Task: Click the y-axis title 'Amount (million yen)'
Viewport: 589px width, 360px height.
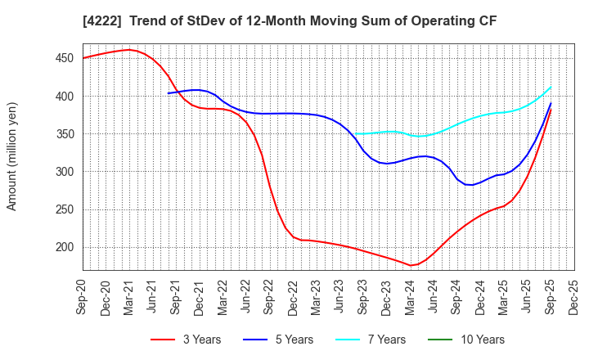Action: [x=11, y=156]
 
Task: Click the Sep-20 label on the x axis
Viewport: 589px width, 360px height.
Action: [x=83, y=295]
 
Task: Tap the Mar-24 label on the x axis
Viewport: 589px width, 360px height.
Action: [x=411, y=295]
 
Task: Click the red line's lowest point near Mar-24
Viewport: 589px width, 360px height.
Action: [x=410, y=265]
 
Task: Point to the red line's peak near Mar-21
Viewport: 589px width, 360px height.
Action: [x=129, y=50]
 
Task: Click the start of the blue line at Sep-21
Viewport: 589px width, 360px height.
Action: [x=169, y=93]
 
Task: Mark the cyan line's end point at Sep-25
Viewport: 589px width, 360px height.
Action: [x=551, y=87]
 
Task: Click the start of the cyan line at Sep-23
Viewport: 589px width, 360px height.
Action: [x=356, y=134]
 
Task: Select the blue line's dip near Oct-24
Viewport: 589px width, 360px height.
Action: [x=470, y=185]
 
